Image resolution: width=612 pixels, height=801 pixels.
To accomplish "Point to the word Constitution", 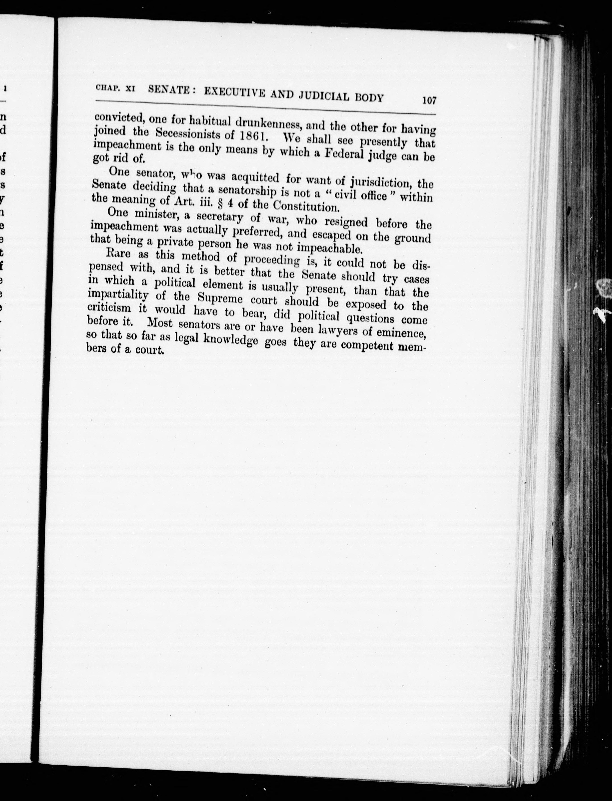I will click(x=306, y=206).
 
